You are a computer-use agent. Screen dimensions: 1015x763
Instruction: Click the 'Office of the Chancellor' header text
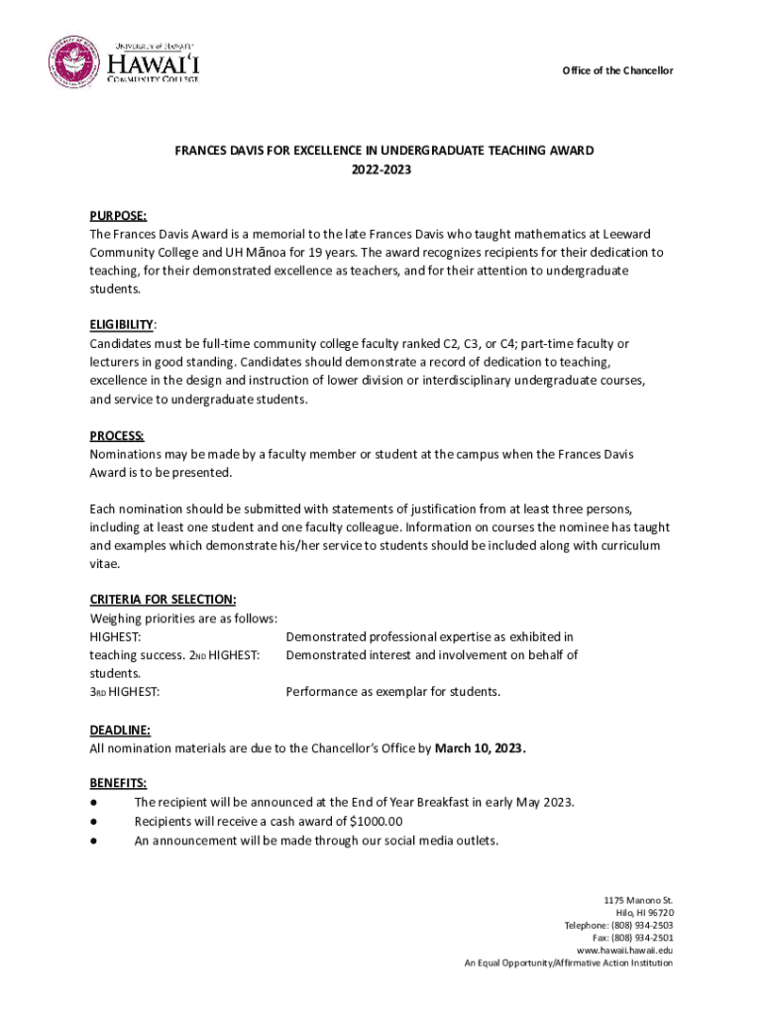pos(617,70)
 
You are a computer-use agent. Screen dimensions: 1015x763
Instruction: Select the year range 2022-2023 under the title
pos(381,169)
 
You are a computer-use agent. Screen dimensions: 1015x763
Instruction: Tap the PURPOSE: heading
pos(118,215)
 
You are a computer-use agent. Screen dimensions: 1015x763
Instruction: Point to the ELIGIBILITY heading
pos(122,324)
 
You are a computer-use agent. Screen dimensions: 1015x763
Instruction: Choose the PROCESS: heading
pos(117,435)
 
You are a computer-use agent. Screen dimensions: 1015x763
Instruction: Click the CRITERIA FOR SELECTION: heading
pos(163,600)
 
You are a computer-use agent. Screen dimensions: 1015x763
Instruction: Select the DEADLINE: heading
pos(120,730)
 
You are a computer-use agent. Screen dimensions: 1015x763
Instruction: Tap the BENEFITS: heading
pos(118,783)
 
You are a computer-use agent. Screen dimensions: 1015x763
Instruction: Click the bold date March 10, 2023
pos(481,748)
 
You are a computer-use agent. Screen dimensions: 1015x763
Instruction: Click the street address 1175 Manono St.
pos(638,900)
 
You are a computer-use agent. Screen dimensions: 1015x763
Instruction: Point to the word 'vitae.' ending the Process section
pos(104,563)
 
